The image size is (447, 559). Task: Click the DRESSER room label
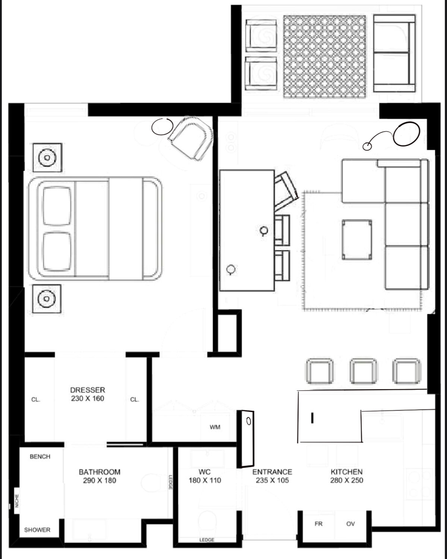pyautogui.click(x=88, y=390)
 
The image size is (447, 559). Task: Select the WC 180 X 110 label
pyautogui.click(x=205, y=476)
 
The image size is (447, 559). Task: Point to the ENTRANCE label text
pyautogui.click(x=272, y=472)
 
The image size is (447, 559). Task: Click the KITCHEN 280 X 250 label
pyautogui.click(x=347, y=476)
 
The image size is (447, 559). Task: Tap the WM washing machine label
pyautogui.click(x=215, y=427)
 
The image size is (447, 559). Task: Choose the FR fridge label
pyautogui.click(x=318, y=524)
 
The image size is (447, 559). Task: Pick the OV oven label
pyautogui.click(x=350, y=524)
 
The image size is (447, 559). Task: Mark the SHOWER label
pyautogui.click(x=37, y=530)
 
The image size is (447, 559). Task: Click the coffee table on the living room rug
pyautogui.click(x=357, y=240)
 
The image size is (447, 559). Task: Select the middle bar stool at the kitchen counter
pyautogui.click(x=363, y=371)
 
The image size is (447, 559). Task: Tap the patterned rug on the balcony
pyautogui.click(x=325, y=57)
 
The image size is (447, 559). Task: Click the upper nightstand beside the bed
pyautogui.click(x=47, y=157)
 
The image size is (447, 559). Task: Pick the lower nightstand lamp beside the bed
pyautogui.click(x=47, y=299)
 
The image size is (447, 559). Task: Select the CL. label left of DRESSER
pyautogui.click(x=36, y=399)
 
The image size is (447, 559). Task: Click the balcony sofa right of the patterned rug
pyautogui.click(x=394, y=53)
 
